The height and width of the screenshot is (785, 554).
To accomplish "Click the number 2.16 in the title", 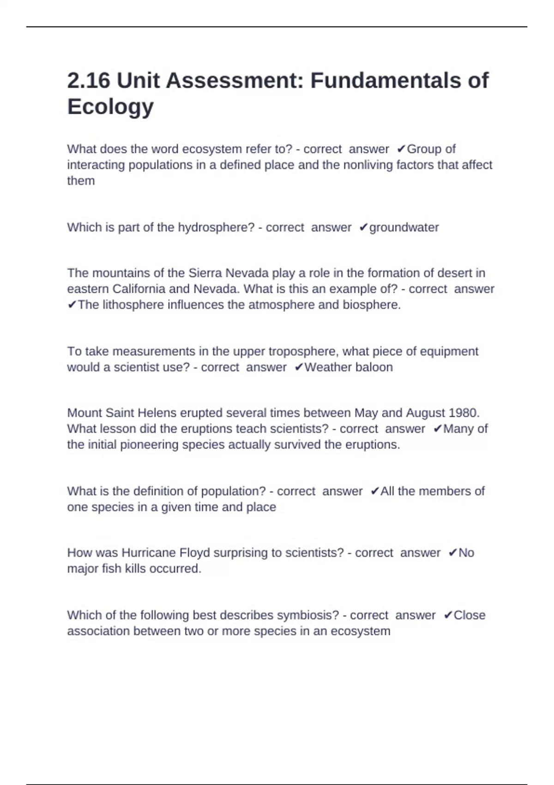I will [89, 80].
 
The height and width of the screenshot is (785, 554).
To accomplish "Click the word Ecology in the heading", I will [110, 107].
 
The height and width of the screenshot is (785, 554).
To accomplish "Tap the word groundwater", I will [404, 227].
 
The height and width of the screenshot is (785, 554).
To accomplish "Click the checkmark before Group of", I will [401, 149].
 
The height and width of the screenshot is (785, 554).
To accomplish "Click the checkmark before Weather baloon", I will [299, 367].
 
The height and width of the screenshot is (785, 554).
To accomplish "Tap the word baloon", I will [374, 367].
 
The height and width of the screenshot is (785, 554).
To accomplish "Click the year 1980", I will [464, 412].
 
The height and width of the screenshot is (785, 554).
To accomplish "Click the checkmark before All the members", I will [374, 491].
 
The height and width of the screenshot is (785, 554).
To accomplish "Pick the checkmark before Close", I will [448, 615].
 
